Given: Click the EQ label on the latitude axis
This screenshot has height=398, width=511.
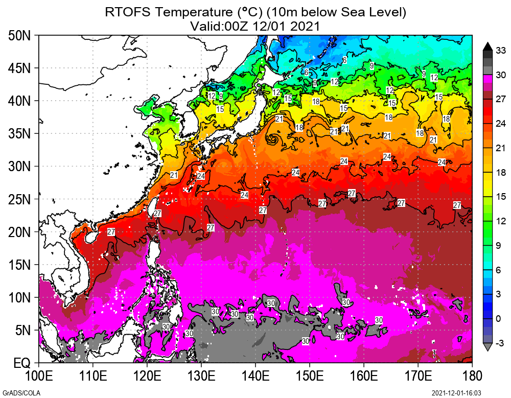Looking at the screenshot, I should pyautogui.click(x=22, y=363).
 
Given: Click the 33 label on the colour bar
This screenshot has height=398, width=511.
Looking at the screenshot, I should pyautogui.click(x=501, y=50).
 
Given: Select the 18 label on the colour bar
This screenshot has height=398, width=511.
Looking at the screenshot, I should pyautogui.click(x=501, y=173).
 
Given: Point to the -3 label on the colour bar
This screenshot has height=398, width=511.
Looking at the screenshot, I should pyautogui.click(x=501, y=342).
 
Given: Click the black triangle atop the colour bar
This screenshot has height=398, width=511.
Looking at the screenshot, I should pyautogui.click(x=487, y=46).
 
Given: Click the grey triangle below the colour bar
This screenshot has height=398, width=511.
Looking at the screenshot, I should pyautogui.click(x=487, y=347).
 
